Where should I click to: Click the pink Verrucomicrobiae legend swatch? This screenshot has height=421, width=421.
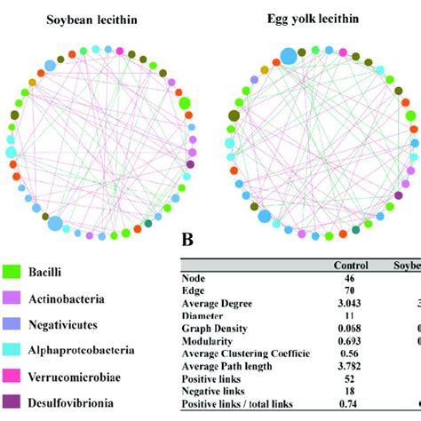15,390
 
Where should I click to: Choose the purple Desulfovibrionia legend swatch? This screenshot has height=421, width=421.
15,415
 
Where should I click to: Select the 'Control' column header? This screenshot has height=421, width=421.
350,266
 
